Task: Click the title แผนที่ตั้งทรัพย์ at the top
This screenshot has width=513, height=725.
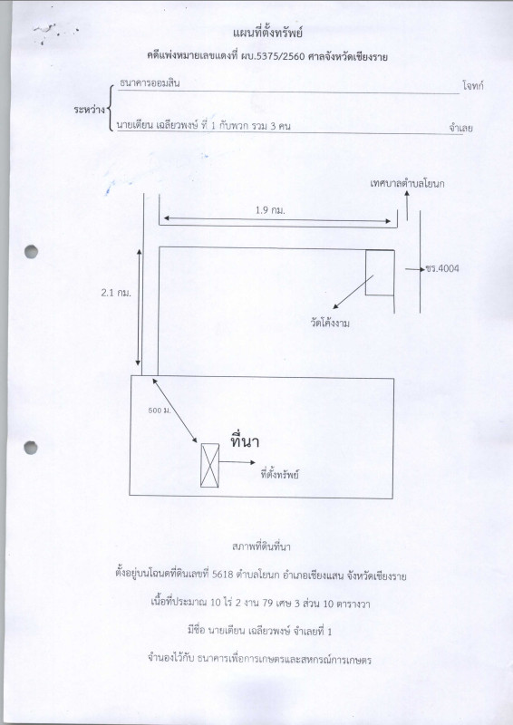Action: click(x=268, y=34)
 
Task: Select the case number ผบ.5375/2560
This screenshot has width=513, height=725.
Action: click(x=276, y=57)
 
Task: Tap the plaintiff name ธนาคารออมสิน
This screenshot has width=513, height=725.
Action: click(x=150, y=83)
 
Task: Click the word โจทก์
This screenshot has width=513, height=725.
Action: click(x=473, y=85)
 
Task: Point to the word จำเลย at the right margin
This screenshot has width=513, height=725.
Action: click(x=460, y=128)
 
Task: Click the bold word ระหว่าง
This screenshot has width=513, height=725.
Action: click(x=89, y=110)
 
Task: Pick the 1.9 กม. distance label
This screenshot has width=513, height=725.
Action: click(x=271, y=210)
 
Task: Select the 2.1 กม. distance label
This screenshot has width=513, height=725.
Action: click(x=116, y=293)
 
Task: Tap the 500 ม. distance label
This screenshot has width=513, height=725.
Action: click(x=160, y=411)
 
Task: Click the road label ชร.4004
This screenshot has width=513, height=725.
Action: click(x=442, y=268)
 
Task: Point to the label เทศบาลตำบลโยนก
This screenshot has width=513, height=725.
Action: click(x=408, y=184)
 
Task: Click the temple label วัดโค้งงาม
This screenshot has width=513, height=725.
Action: click(x=330, y=324)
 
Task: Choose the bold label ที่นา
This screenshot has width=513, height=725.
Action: click(x=245, y=441)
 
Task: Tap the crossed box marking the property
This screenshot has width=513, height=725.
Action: click(x=209, y=465)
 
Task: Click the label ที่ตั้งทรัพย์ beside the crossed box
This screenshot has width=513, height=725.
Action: click(x=279, y=474)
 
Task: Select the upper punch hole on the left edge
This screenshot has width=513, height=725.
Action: click(x=31, y=252)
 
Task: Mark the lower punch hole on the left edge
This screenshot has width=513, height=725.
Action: click(x=31, y=448)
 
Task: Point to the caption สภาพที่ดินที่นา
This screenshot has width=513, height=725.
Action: click(x=261, y=546)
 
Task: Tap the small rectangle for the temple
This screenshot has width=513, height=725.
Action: click(x=380, y=273)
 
